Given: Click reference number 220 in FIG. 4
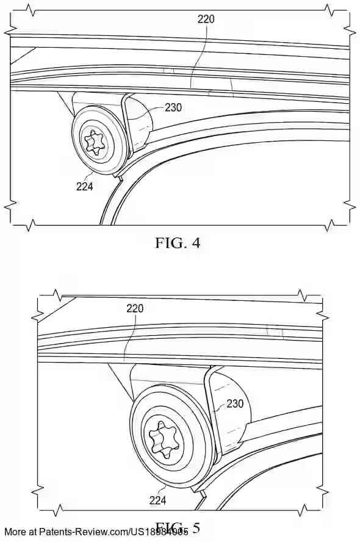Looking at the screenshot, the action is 206,19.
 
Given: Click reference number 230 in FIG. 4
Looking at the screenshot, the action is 173,107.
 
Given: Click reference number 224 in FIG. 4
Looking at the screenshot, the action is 84,187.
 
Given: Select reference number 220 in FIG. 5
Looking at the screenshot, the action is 135,308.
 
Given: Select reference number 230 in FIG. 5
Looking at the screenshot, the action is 235,403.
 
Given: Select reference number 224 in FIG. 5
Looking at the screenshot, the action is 158,500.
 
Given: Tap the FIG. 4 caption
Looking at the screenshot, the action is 178,242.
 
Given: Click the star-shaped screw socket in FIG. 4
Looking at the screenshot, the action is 95,142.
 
